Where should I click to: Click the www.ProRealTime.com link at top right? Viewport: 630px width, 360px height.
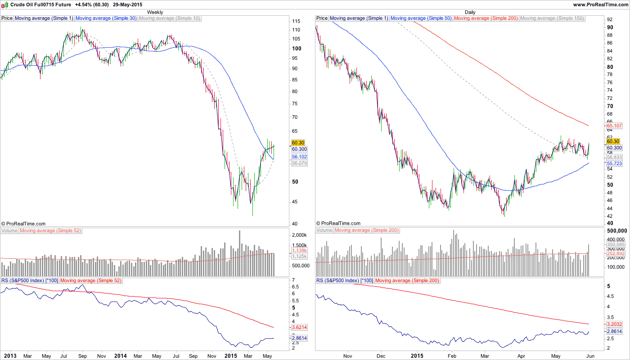coord(601,4)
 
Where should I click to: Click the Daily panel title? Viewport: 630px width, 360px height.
coord(470,12)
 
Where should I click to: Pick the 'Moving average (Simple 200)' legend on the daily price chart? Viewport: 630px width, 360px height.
coord(486,18)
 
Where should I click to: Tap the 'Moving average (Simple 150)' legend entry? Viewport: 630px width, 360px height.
coord(552,18)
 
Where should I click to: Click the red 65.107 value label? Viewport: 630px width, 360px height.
coord(615,126)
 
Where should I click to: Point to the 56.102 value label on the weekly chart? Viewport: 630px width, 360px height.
coord(299,157)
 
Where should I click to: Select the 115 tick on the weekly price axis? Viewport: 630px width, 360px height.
coord(296,22)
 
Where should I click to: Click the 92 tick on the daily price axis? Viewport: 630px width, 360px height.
coord(610,20)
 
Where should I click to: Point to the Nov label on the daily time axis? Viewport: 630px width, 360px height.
coord(347,356)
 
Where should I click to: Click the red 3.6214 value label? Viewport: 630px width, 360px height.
coord(299,327)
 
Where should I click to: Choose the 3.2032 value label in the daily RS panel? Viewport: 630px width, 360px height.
coord(615,324)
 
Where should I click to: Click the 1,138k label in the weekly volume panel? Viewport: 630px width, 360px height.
coord(299,250)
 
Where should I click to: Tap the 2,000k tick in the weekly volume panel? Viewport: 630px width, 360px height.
coord(299,235)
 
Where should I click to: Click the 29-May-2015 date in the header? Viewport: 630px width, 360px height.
coord(127,4)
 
